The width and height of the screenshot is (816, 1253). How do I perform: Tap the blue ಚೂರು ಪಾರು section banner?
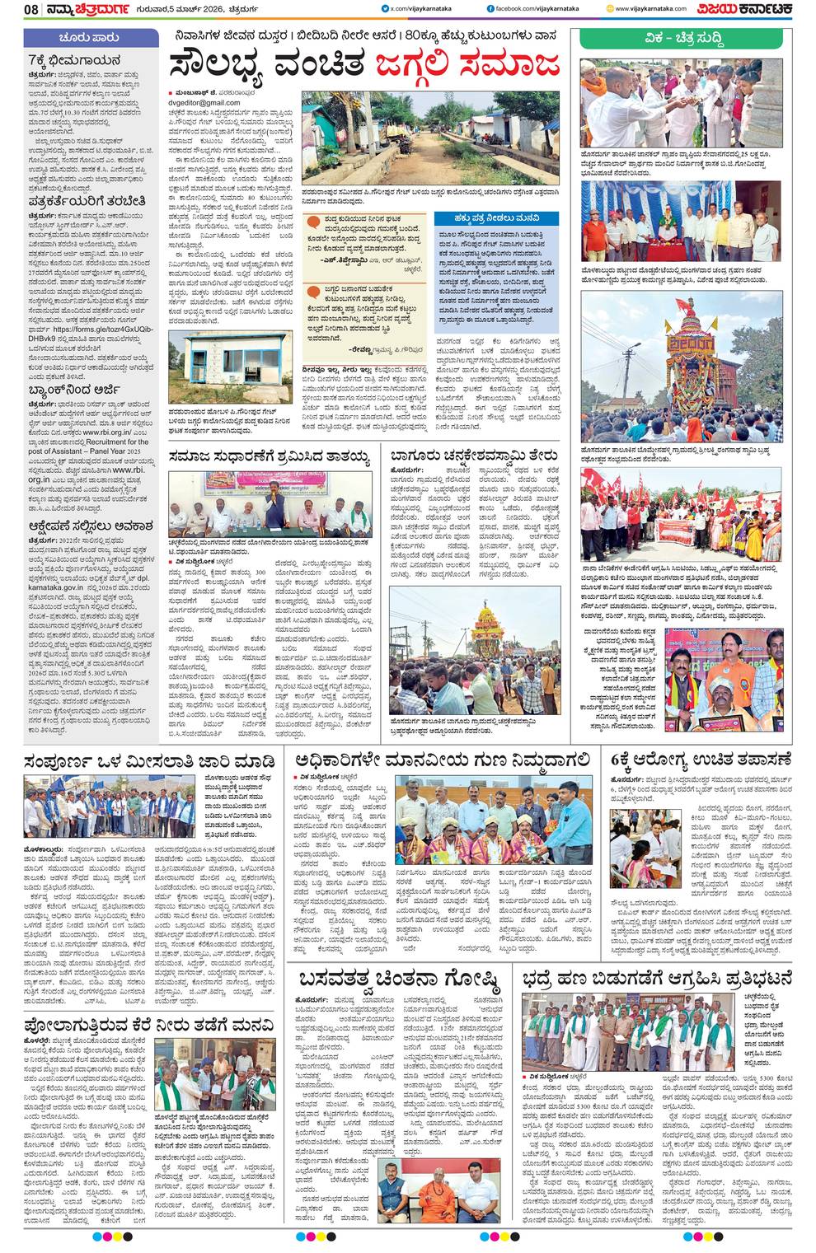pyautogui.click(x=90, y=38)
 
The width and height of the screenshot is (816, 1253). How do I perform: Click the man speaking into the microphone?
pyautogui.click(x=270, y=499)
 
